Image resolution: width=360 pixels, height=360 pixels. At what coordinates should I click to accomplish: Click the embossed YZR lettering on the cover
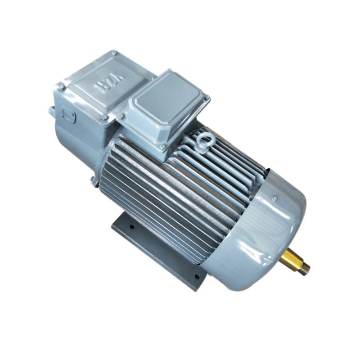(x=111, y=82)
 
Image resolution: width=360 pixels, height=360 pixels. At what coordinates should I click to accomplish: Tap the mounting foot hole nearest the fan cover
(x=196, y=276)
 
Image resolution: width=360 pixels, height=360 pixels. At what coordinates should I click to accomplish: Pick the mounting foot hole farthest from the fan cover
(x=132, y=227)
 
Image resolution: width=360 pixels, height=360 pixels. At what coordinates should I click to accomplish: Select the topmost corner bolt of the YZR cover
(x=115, y=54)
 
